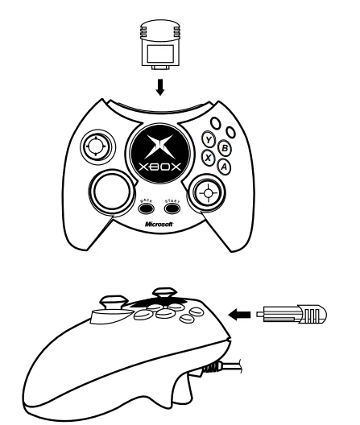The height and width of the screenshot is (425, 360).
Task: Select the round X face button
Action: (x=209, y=159)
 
